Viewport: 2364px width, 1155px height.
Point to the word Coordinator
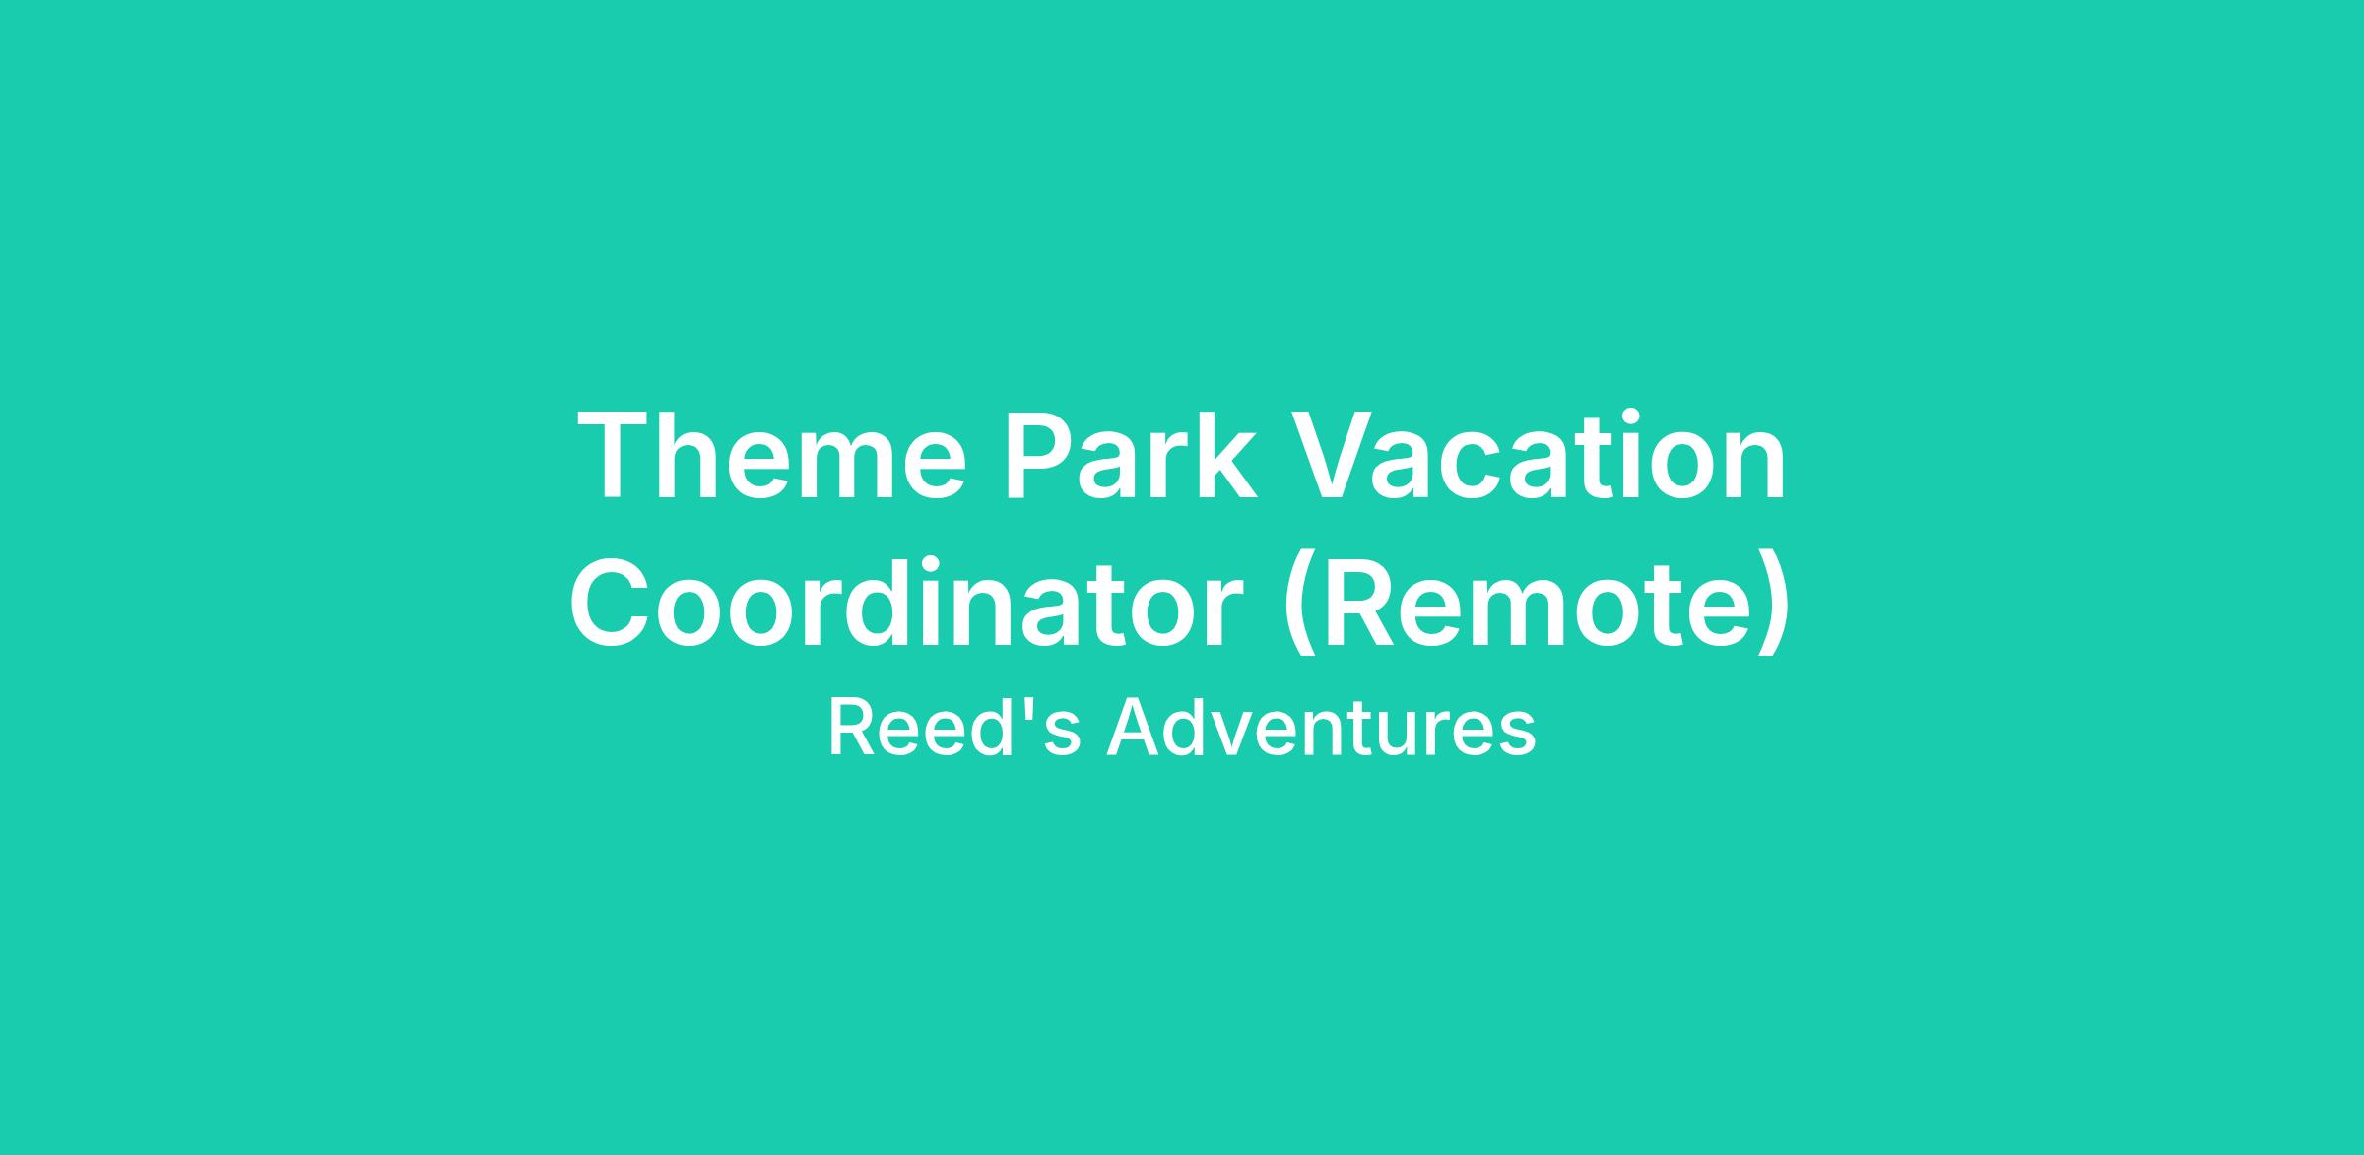906,604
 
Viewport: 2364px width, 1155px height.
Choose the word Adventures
1321,729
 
